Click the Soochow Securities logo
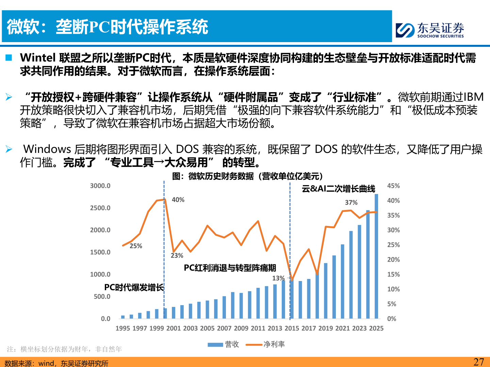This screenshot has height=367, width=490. click(x=429, y=30)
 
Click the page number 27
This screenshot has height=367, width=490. click(x=478, y=362)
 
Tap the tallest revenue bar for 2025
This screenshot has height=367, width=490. click(x=376, y=256)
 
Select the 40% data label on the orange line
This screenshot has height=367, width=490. click(x=178, y=200)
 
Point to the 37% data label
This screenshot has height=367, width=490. click(x=351, y=203)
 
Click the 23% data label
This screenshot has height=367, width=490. click(x=177, y=256)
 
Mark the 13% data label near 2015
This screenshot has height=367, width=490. click(x=278, y=278)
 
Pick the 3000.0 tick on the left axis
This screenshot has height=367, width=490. click(x=100, y=186)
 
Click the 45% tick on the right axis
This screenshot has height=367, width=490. click(x=393, y=186)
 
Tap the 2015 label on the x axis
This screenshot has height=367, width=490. click(x=292, y=328)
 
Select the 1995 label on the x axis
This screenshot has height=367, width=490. click(x=122, y=328)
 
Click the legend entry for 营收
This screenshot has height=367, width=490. click(x=224, y=344)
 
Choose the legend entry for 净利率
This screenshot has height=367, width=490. click(x=265, y=344)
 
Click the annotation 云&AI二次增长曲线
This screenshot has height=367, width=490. click(x=338, y=189)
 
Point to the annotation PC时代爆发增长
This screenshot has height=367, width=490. click(x=134, y=287)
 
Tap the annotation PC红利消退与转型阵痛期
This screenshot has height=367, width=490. click(x=230, y=268)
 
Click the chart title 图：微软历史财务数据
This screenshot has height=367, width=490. click(x=247, y=176)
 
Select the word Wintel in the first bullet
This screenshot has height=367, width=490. click(x=38, y=58)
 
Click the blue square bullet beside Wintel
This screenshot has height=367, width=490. click(x=9, y=58)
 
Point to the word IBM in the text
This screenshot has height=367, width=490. click(x=473, y=97)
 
